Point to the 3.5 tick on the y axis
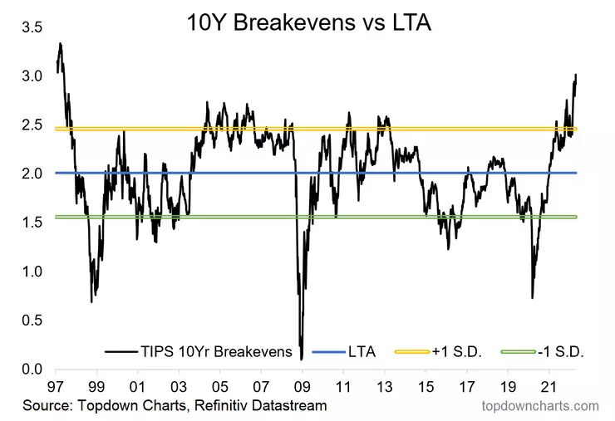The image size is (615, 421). pos(32,27)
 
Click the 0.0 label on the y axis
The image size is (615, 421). pos(32,370)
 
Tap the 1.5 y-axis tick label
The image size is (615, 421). pos(32,223)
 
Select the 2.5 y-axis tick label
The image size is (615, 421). pos(32,125)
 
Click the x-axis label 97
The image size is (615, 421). pos(57,387)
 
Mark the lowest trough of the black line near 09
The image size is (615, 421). pos(300,358)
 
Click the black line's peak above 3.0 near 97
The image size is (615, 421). pos(60,43)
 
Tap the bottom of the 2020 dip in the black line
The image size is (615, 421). pos(532,297)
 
